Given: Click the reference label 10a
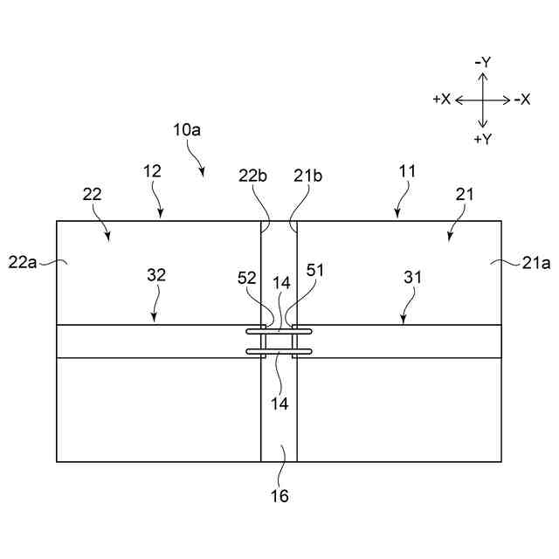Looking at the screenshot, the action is (187, 129).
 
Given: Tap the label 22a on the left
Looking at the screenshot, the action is (23, 262).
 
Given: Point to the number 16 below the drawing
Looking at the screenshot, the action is (279, 496).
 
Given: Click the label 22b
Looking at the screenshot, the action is (253, 176).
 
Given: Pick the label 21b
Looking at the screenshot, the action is (307, 176).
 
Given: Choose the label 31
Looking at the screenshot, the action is (413, 277).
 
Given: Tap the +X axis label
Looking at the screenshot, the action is (442, 100).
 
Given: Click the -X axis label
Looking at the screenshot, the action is (523, 100).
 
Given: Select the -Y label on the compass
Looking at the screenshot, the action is (482, 62).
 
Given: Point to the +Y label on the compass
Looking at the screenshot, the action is (482, 139).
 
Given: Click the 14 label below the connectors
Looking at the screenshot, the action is (279, 404).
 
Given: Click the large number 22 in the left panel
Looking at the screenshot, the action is (93, 195).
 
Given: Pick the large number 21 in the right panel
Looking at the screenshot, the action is (464, 195).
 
